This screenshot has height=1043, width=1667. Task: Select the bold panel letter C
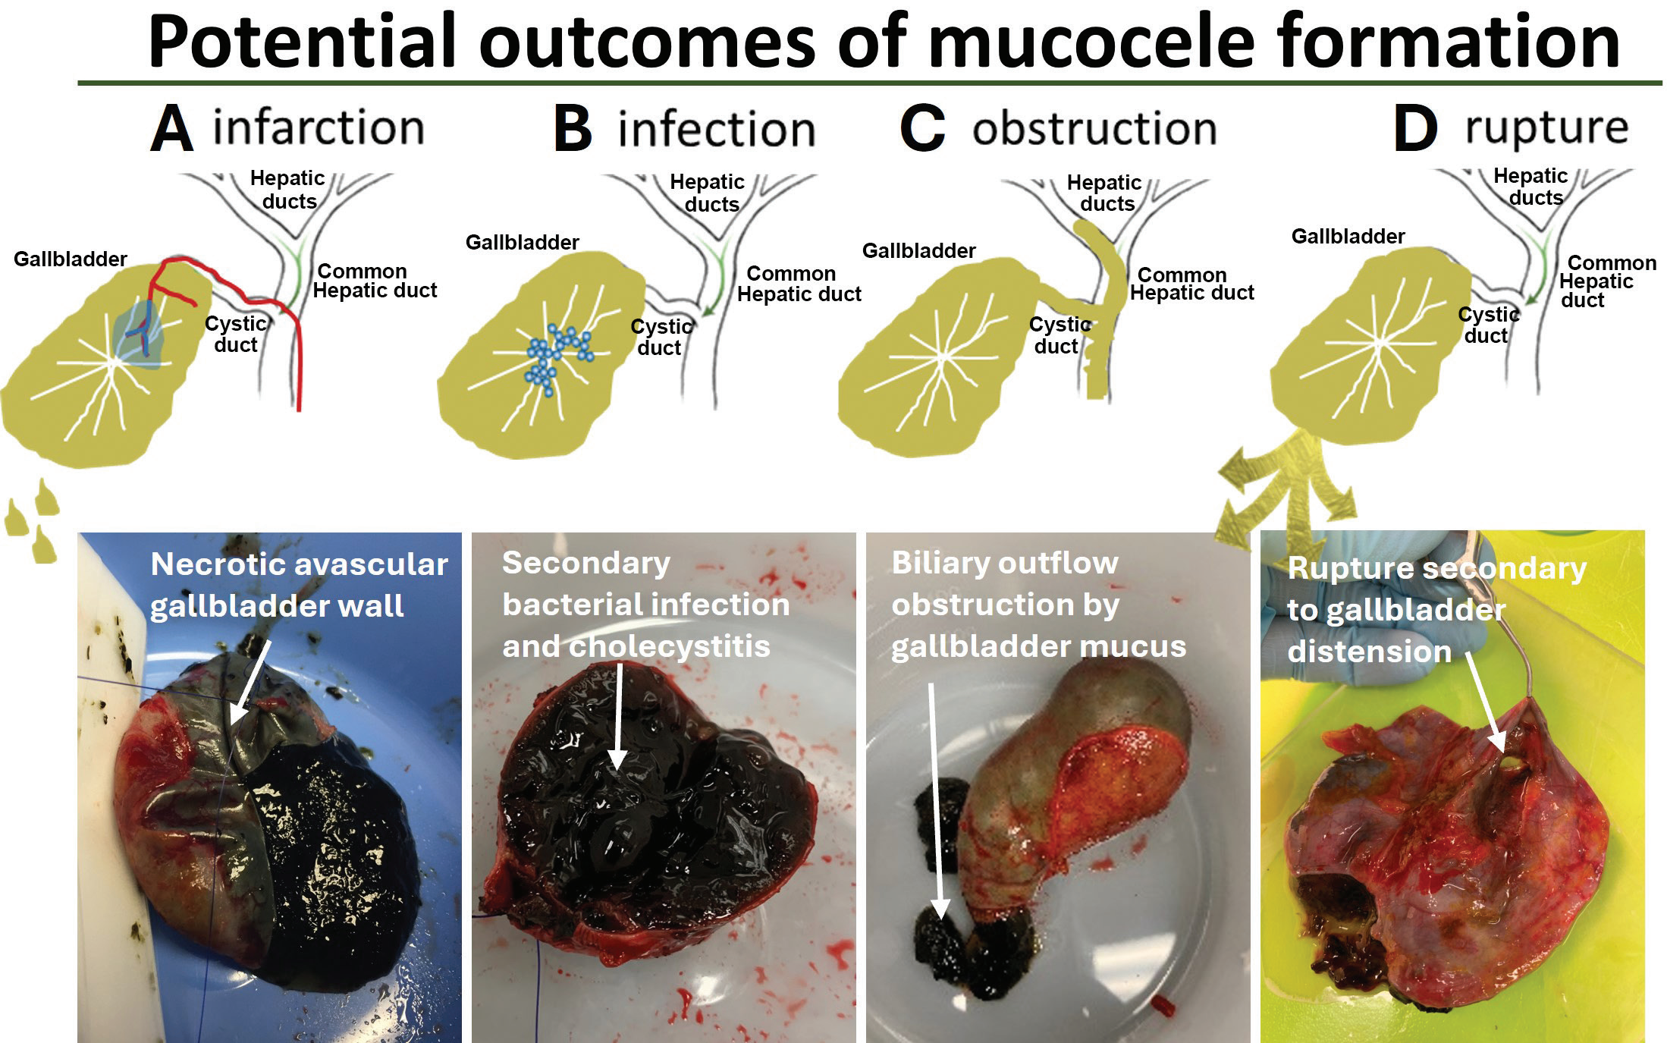923,128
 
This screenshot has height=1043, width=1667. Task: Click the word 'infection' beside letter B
717,129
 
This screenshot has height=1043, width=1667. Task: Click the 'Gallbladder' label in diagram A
71,259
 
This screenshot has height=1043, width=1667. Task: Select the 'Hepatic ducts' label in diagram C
1105,193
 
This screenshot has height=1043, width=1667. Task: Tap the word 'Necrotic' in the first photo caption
221,564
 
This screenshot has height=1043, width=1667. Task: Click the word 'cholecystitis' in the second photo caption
670,647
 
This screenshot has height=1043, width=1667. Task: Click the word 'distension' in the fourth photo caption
1370,652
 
